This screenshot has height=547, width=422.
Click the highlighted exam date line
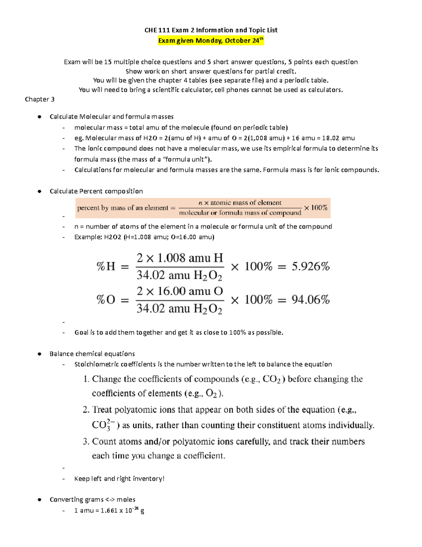click(x=211, y=41)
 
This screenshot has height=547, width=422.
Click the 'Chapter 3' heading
click(x=39, y=99)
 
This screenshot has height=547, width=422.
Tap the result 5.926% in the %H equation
click(x=311, y=267)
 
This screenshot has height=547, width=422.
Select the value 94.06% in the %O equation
click(x=311, y=300)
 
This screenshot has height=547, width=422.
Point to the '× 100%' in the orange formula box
click(x=315, y=208)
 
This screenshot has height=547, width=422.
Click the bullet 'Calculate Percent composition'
click(x=96, y=191)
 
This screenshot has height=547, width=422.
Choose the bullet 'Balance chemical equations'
click(x=92, y=354)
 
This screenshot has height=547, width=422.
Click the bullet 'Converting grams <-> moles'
click(x=92, y=499)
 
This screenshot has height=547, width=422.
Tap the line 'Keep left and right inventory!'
click(x=119, y=479)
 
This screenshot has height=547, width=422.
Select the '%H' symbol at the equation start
click(x=106, y=266)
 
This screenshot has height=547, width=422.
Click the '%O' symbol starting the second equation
click(x=106, y=300)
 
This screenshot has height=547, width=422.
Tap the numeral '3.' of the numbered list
click(x=86, y=442)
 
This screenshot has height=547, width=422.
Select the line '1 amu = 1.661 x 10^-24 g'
click(x=109, y=510)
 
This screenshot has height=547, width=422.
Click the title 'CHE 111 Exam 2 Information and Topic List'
click(x=211, y=30)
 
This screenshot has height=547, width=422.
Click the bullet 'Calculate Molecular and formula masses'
click(x=111, y=117)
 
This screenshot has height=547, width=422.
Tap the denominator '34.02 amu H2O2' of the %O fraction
click(x=179, y=309)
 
